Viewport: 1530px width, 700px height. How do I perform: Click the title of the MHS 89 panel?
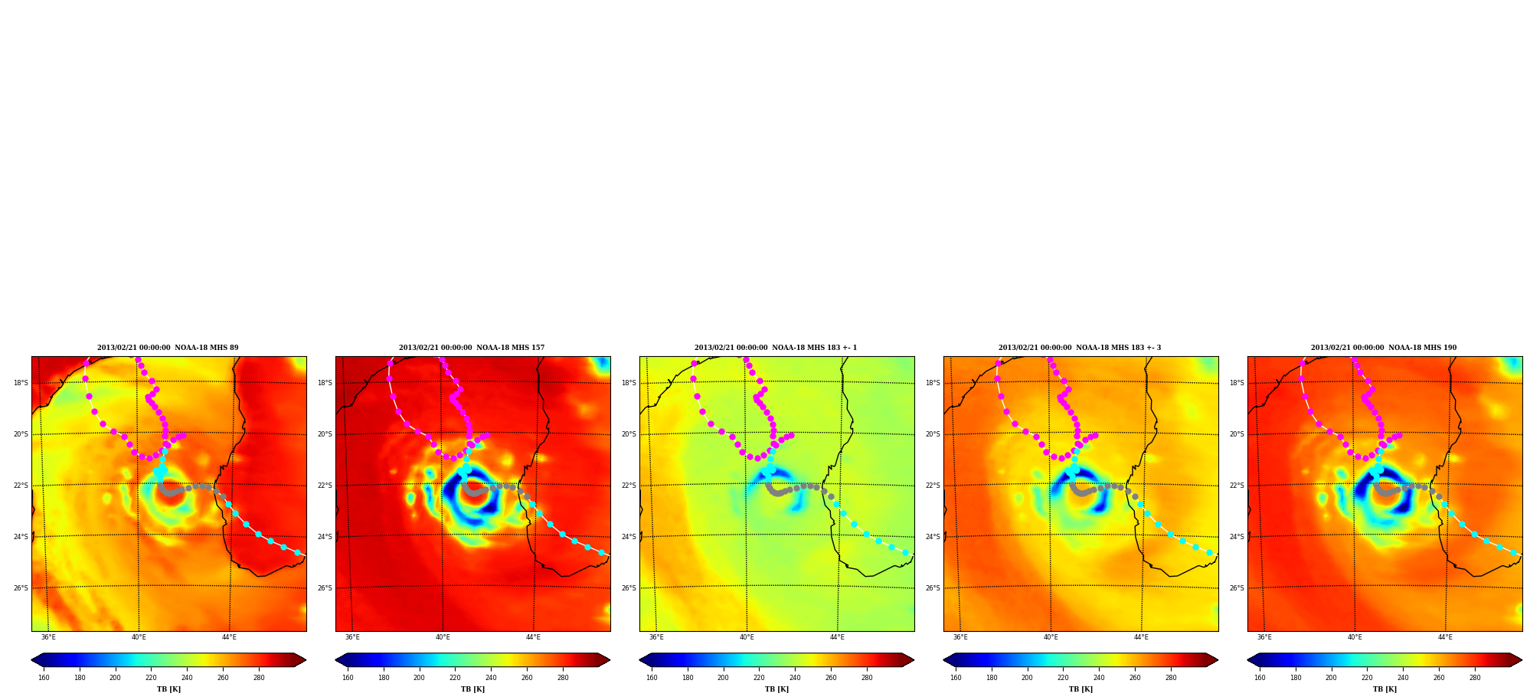(x=168, y=348)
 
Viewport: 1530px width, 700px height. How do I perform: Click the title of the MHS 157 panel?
(x=472, y=348)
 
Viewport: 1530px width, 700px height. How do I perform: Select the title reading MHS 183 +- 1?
(x=776, y=348)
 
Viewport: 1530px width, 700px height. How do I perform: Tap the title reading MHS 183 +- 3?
(x=1080, y=348)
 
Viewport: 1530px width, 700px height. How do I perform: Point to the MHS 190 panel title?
(x=1384, y=348)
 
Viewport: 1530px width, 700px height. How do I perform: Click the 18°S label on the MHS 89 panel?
(x=21, y=383)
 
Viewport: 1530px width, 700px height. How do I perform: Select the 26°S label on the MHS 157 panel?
(x=325, y=588)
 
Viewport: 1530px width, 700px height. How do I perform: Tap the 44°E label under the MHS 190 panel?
(x=1445, y=637)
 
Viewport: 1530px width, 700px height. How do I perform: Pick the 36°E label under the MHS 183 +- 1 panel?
(x=656, y=637)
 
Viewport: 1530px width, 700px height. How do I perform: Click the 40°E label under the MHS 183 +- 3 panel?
(x=1051, y=637)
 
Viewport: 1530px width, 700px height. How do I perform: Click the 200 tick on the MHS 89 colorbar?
(x=115, y=678)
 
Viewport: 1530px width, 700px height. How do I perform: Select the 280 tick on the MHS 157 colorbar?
(x=563, y=678)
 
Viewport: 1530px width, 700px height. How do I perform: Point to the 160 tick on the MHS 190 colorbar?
(x=1260, y=678)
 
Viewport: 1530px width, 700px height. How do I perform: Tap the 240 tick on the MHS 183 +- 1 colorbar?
(x=795, y=678)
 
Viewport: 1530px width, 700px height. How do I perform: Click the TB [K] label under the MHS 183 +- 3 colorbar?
(x=1080, y=689)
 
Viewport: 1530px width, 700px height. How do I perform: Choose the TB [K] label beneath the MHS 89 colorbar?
(x=168, y=689)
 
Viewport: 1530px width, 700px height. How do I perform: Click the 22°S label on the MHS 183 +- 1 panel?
(x=629, y=486)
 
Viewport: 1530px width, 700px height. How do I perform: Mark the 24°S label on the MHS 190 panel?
(x=1237, y=537)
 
